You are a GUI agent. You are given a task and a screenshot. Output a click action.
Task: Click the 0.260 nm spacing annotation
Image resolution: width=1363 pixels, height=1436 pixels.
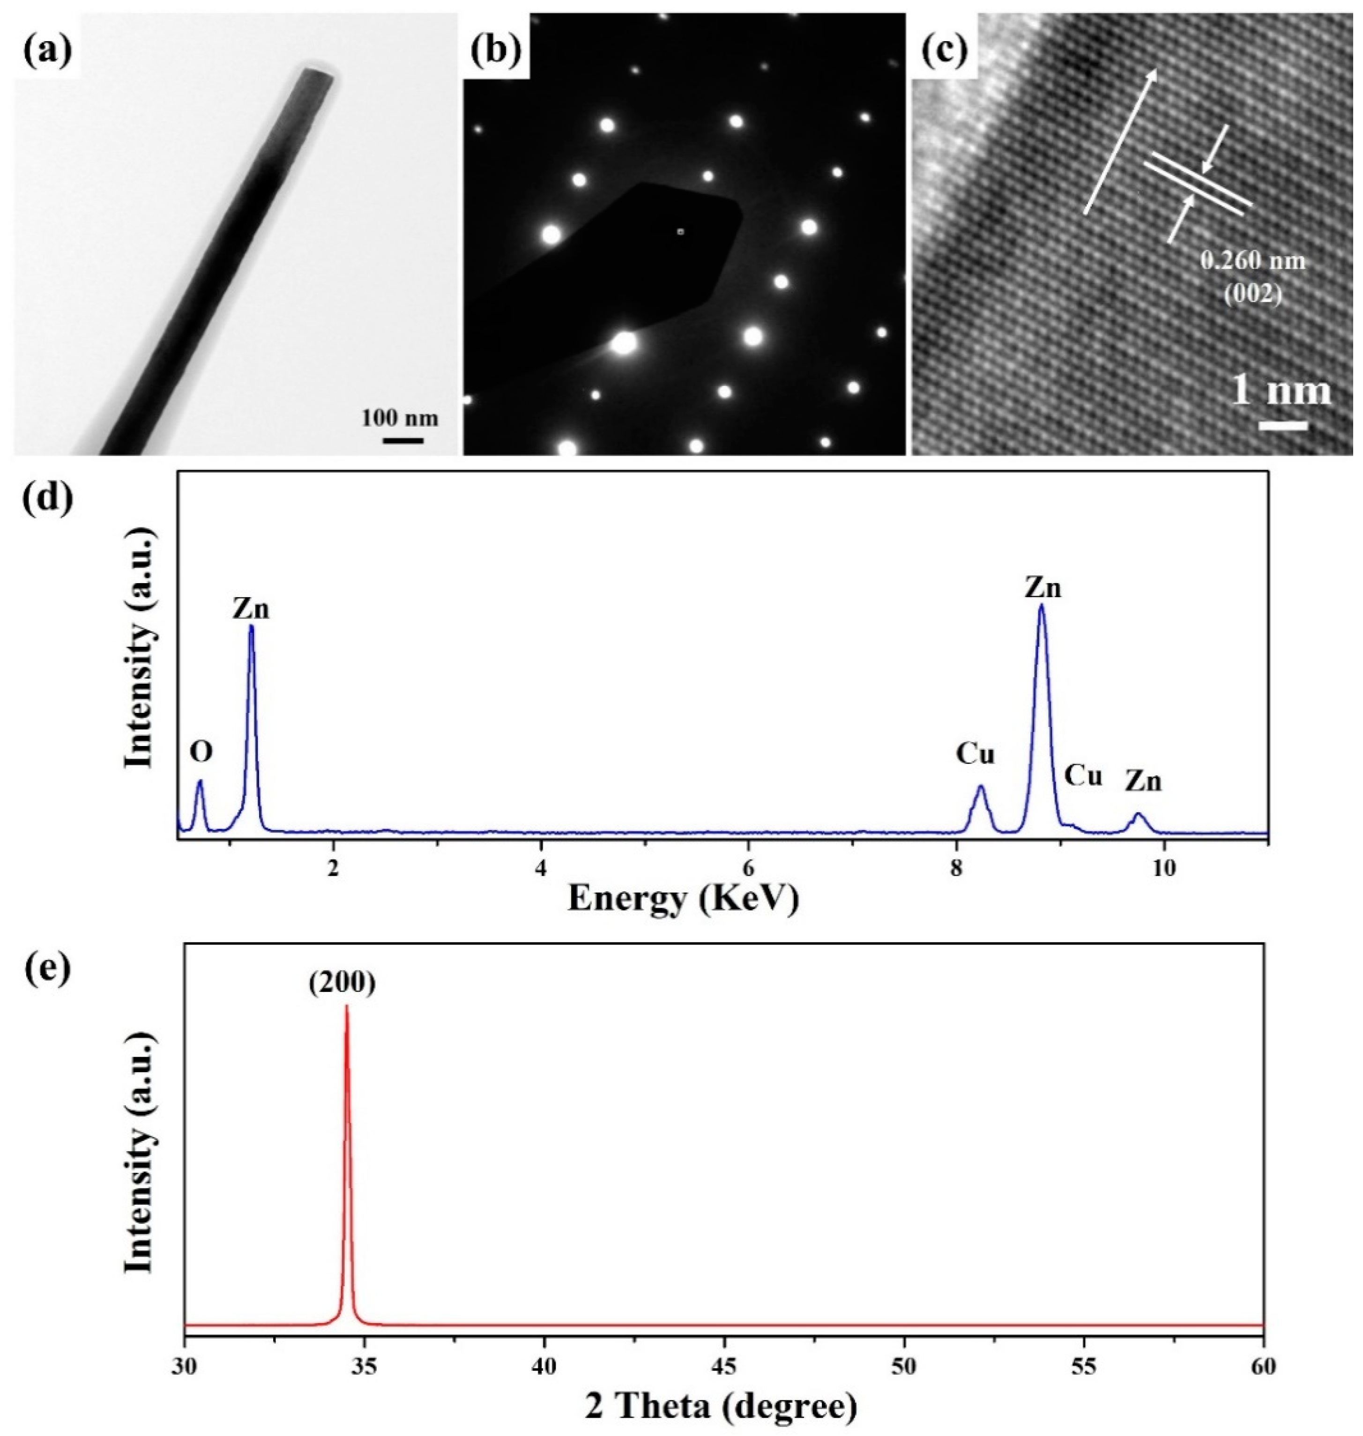point(1252,261)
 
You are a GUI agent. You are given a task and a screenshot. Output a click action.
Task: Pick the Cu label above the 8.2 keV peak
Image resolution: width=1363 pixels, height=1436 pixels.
point(975,755)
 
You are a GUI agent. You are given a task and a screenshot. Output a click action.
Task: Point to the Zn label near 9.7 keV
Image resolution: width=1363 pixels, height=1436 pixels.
point(1144,782)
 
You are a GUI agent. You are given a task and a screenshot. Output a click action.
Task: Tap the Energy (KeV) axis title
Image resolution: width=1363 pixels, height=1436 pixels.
point(683,898)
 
